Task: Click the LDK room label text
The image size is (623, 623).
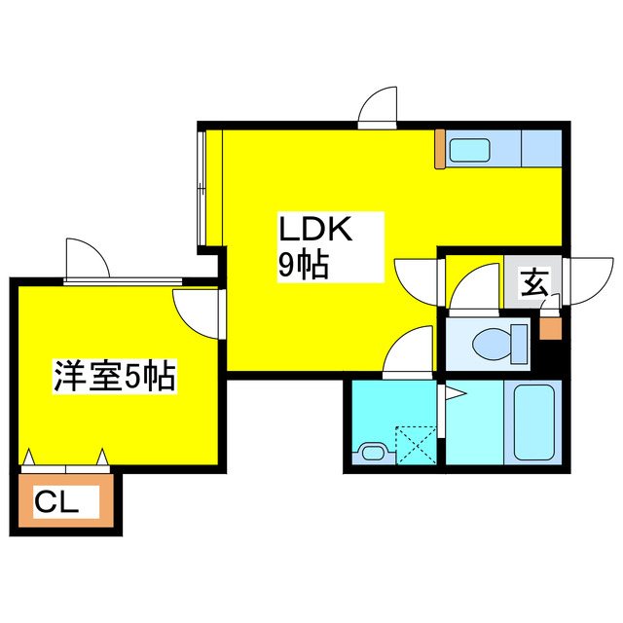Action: point(315,229)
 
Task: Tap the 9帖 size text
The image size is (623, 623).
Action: point(304,264)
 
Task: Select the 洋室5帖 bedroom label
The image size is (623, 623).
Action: point(115,376)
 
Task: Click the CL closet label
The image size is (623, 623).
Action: point(56,502)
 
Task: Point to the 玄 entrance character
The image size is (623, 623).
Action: point(534,282)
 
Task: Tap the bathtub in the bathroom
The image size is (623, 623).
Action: point(534,421)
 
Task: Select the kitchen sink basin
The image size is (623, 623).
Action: point(469,150)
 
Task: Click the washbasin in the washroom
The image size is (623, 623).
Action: point(373,452)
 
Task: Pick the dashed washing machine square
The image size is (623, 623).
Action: point(416,445)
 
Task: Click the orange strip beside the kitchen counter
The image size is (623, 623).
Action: point(439,149)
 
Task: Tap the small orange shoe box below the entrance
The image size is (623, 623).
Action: point(550,328)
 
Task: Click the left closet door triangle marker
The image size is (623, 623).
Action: point(28,457)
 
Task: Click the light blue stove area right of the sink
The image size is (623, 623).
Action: point(541,149)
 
